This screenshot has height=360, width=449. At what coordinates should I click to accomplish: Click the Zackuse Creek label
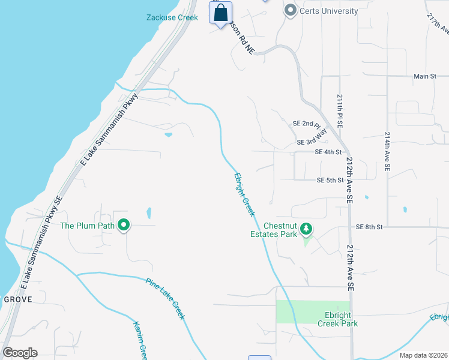172,17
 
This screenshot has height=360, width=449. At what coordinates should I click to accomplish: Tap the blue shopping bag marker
220,12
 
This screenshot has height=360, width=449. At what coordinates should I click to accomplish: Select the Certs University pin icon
291,11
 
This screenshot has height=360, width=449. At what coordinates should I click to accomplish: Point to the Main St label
425,76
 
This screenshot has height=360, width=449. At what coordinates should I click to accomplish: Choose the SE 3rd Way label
312,139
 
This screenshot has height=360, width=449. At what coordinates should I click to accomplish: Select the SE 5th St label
330,180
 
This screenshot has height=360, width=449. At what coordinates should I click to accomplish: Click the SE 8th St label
369,227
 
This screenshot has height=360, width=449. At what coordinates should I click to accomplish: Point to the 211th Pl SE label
340,110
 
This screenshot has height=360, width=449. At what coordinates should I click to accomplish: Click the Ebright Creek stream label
244,194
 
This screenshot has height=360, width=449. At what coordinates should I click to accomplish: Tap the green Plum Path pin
124,226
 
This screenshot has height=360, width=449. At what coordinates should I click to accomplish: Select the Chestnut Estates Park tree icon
306,228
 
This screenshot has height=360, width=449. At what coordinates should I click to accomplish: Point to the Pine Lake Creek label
166,298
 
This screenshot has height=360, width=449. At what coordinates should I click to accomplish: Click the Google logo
20,353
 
